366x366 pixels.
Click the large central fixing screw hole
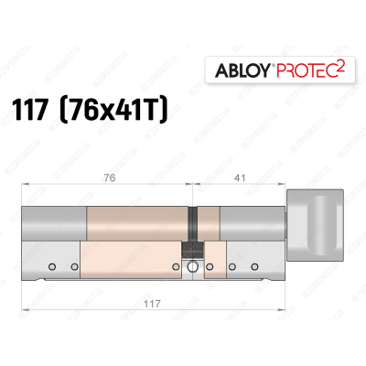[193, 267]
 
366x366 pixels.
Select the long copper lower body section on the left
[133, 261]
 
